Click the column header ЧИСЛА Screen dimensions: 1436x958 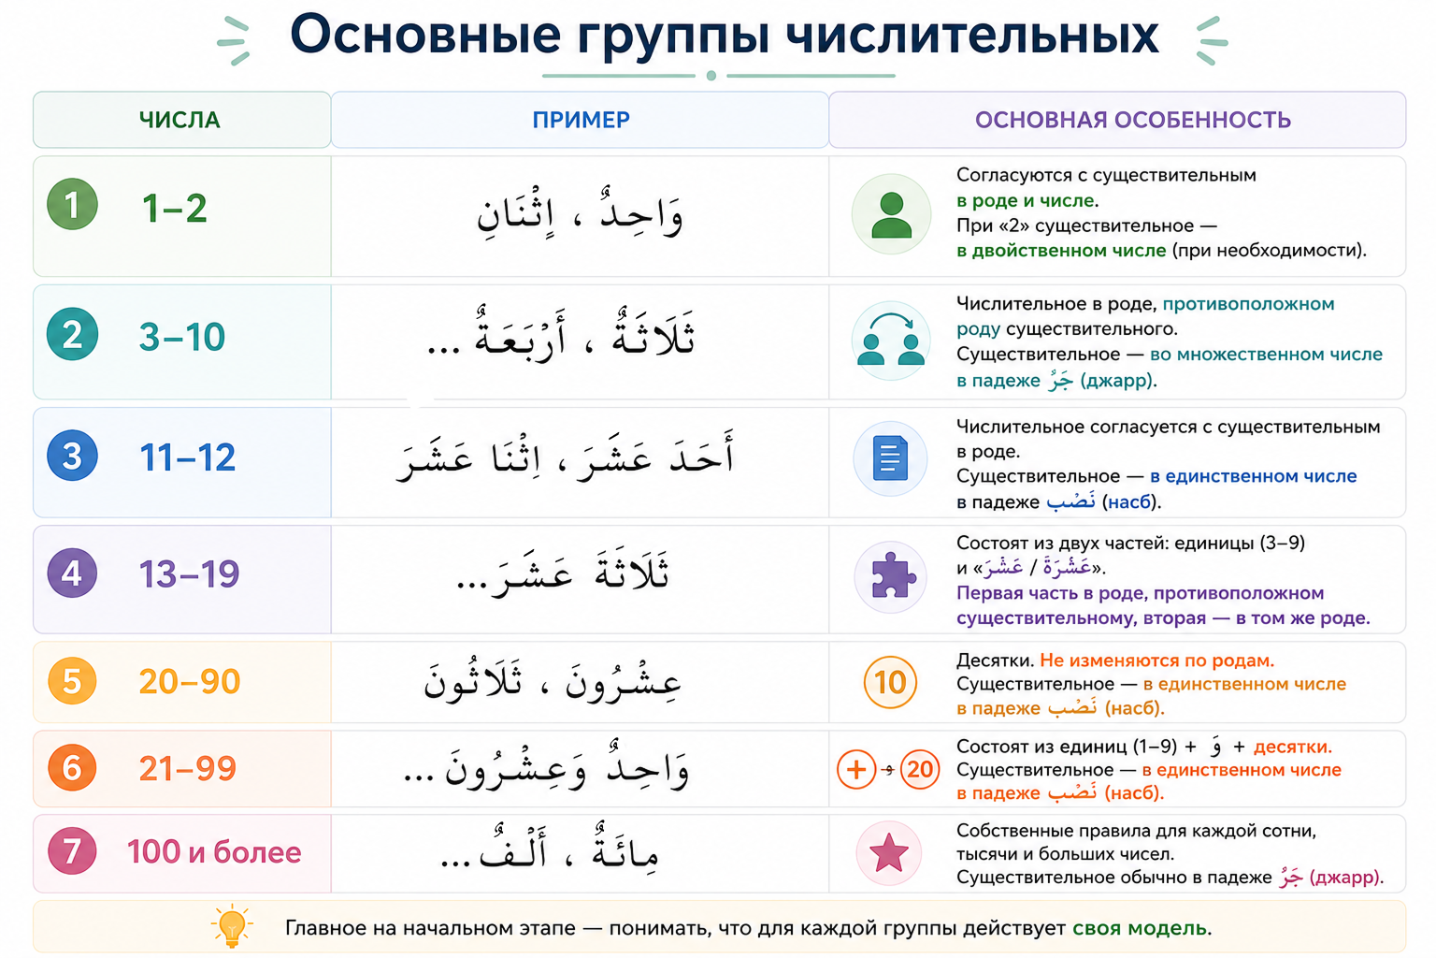point(179,120)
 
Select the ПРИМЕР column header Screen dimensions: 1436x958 point(581,120)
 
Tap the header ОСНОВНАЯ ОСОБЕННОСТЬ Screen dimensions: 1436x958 point(1133,120)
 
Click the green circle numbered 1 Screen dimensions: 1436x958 point(72,205)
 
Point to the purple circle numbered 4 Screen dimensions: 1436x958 point(72,573)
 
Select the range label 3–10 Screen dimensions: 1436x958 point(182,337)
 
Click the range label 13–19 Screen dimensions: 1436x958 point(189,573)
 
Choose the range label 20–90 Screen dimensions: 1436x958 point(190,681)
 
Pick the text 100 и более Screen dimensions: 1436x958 point(214,852)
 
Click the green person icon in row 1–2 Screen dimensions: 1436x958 point(891,215)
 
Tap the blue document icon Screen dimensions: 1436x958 point(890,458)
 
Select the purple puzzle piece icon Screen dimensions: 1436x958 point(890,576)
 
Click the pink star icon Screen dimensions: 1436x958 point(889,853)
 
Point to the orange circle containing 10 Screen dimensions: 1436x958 point(890,682)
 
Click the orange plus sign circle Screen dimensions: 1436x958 point(856,769)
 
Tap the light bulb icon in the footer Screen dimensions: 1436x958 point(232,926)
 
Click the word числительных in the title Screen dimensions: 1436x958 point(972,36)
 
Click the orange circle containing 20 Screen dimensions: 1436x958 point(920,769)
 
